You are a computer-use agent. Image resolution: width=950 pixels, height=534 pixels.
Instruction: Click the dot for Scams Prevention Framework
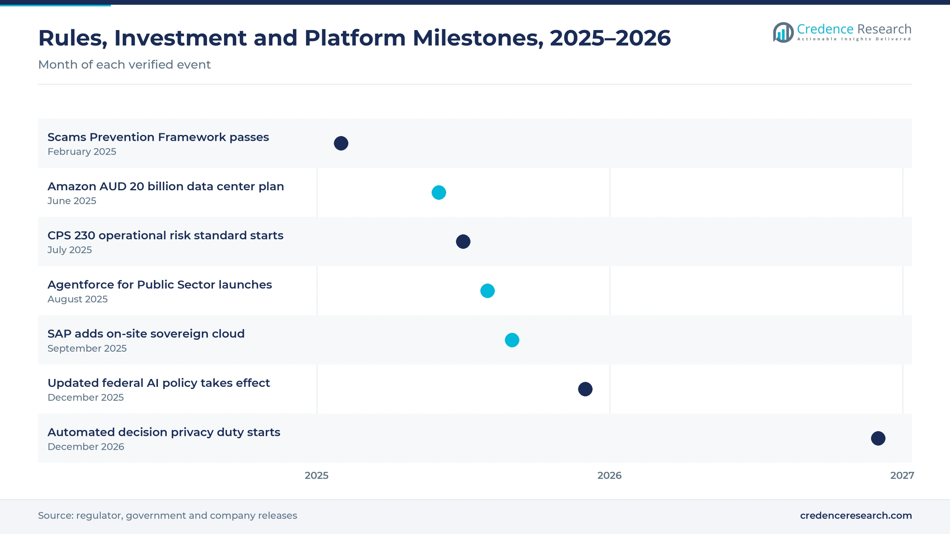pos(341,143)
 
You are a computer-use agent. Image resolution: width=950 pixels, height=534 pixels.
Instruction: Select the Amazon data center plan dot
pos(439,193)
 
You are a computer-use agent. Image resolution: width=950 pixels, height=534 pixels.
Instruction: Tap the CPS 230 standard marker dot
pos(463,242)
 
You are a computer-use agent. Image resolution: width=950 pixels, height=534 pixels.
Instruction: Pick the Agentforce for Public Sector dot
pos(487,291)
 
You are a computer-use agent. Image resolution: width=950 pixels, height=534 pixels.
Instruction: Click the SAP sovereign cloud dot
pos(512,340)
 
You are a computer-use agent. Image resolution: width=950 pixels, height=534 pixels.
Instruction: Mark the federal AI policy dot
pos(585,389)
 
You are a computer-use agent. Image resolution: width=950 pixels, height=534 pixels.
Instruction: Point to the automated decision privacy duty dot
pos(878,438)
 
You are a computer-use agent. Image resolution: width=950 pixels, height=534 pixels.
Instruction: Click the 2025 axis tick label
pos(317,475)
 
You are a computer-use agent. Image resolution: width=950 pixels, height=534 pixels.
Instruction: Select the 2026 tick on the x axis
pos(610,475)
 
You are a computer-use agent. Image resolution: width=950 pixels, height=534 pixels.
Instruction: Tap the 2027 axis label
pos(902,475)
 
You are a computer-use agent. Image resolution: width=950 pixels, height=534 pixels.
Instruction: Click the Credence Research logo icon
pos(783,32)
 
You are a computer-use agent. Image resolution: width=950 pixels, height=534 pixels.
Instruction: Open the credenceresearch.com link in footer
pos(856,515)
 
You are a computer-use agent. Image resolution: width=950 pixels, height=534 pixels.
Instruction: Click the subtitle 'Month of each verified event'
pos(124,64)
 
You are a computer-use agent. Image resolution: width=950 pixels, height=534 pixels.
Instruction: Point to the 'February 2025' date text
pos(82,151)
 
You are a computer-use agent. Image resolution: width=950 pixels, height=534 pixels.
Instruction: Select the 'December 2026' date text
pos(86,447)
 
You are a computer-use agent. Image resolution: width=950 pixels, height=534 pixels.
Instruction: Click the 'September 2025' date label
pos(87,348)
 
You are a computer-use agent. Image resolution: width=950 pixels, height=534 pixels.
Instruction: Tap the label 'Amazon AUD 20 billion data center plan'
pos(166,186)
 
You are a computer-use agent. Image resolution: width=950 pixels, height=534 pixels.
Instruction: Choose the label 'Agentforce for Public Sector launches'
pos(160,285)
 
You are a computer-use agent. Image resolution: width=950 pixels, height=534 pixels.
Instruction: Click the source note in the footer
pos(167,515)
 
